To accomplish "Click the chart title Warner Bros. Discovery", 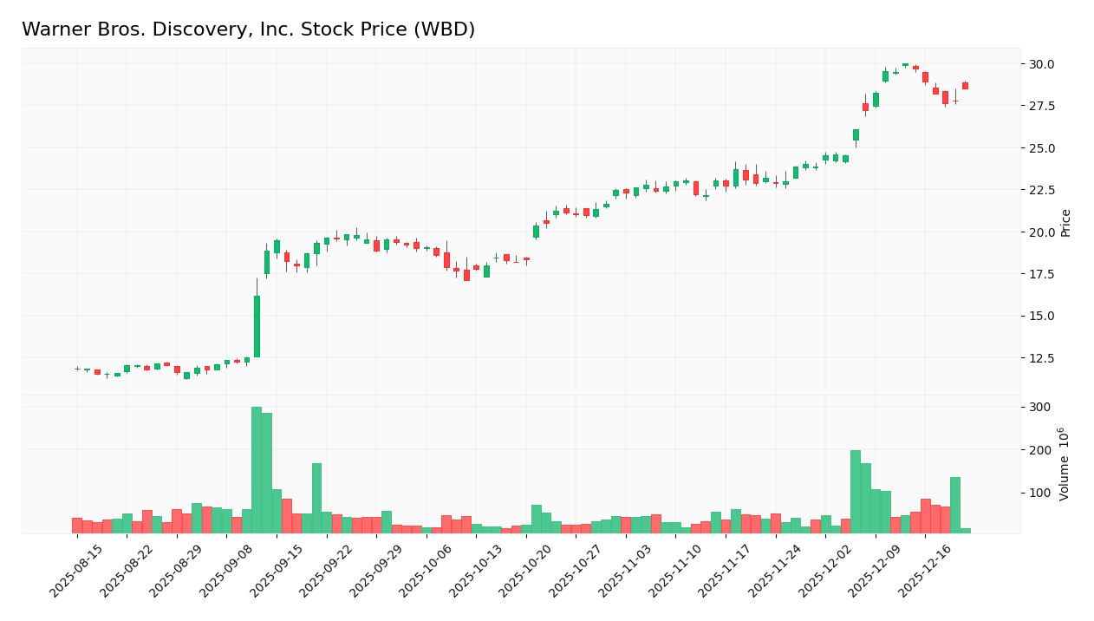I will click(248, 29).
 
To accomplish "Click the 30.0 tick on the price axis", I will click(1041, 64).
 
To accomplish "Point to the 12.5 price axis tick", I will click(1041, 358).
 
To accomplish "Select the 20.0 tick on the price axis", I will click(1041, 232).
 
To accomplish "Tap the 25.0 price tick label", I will click(1041, 148).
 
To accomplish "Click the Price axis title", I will click(1066, 223).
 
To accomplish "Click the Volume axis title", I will click(1065, 463).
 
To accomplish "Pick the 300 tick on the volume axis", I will click(1039, 408).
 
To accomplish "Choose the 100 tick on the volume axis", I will click(1039, 493).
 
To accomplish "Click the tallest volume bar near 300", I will click(257, 470).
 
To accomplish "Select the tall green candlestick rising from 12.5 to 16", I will click(257, 326).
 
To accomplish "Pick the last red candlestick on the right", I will click(965, 86).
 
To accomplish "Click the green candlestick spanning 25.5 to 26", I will click(856, 134).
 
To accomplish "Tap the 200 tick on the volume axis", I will click(1039, 450).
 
